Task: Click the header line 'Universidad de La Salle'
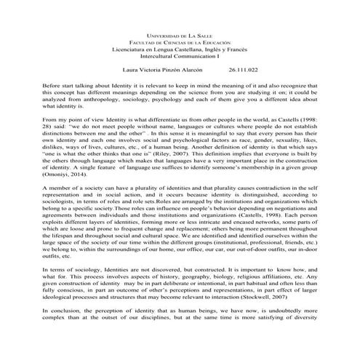pos(180,35)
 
